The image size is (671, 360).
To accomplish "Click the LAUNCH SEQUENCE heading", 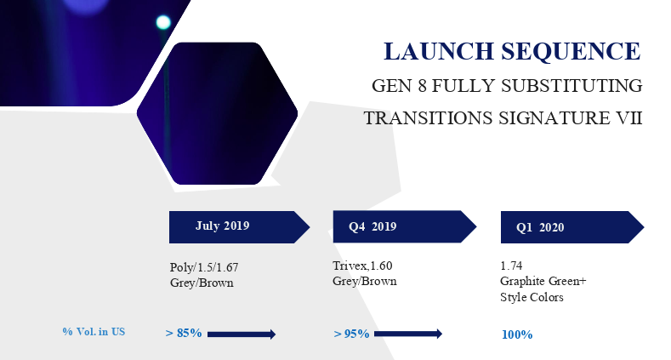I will coord(511,51).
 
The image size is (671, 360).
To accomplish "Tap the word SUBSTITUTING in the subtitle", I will coord(571,86).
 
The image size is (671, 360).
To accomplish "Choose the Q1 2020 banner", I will coord(571,227).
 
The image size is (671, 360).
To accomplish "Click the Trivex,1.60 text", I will coord(362,266).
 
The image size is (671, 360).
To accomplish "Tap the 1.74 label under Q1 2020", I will coord(510,266).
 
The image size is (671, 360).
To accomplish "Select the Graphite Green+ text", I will coord(543,282).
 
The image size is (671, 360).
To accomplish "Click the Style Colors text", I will coord(532,297).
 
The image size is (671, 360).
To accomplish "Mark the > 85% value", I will coord(184,333).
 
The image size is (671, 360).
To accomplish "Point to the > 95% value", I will coord(351,334).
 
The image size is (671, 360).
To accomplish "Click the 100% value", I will coord(517,334).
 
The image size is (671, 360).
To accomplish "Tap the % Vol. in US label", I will coord(94,331).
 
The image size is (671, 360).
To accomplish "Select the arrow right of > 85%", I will coord(242,334).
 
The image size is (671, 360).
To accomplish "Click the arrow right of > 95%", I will coord(408,334).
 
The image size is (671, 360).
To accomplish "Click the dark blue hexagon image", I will coord(217,113).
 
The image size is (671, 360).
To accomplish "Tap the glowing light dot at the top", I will coord(163,22).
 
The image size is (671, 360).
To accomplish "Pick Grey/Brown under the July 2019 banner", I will coord(202,283).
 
